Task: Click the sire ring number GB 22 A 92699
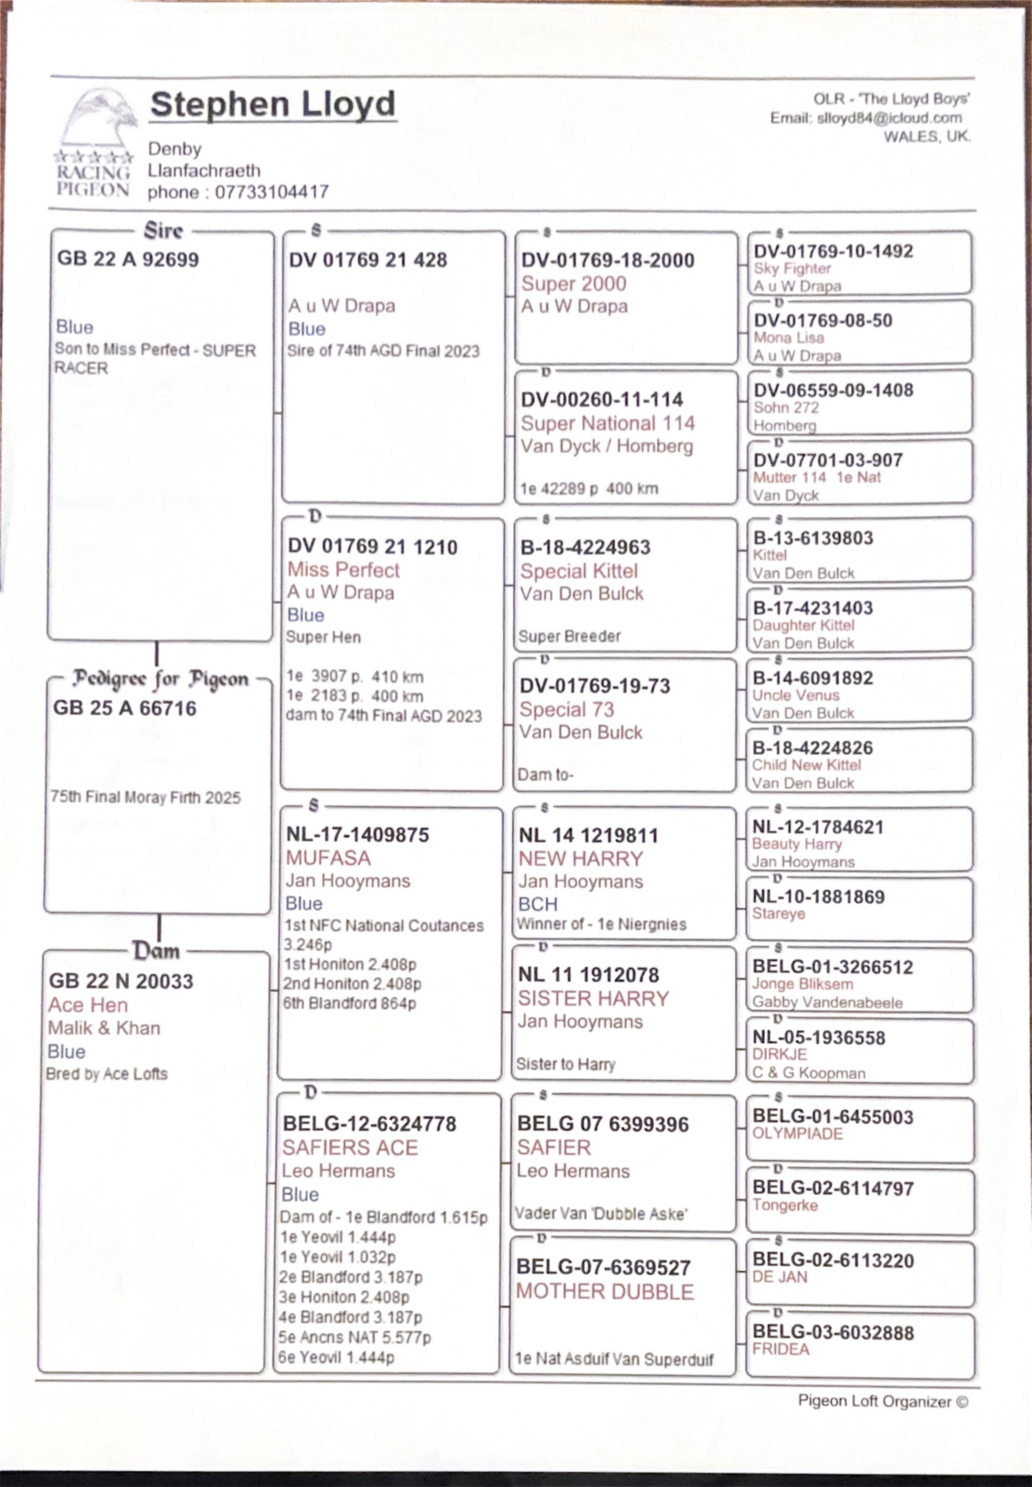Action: tap(128, 259)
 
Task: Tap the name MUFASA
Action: tap(328, 858)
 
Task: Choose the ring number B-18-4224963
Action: tap(585, 548)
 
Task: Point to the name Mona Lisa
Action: tap(788, 338)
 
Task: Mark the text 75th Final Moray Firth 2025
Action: tap(145, 797)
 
